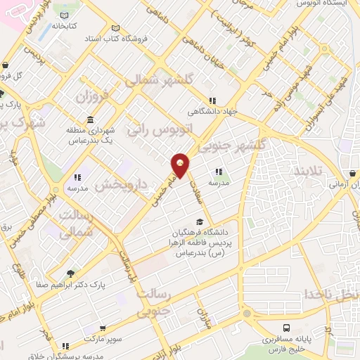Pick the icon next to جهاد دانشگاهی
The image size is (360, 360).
(x=212, y=99)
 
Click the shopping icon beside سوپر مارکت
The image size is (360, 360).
(x=103, y=328)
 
